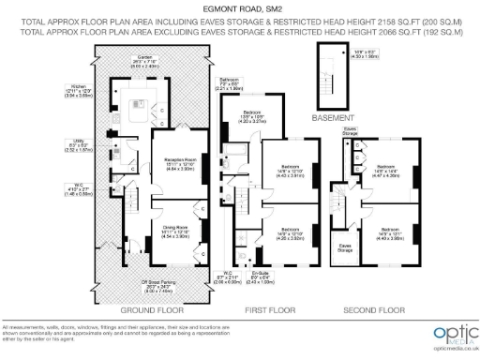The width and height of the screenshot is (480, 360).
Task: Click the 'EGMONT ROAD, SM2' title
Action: (239, 8)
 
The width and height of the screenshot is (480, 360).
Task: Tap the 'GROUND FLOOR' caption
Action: (139, 308)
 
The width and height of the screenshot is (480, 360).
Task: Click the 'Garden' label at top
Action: (147, 57)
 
